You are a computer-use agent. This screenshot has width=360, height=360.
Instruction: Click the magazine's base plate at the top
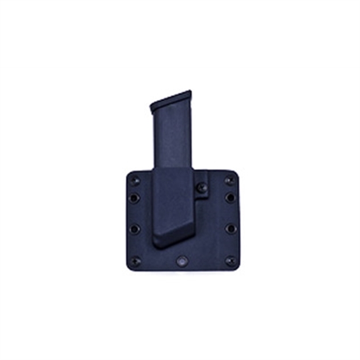pos(171,102)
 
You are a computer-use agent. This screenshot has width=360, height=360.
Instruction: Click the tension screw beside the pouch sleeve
pos(201,187)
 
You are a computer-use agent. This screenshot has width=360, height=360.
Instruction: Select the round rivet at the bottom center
pos(183,260)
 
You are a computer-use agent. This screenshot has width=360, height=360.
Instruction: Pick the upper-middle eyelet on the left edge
pos(134,199)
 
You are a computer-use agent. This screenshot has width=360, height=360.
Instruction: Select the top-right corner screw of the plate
pos(230,181)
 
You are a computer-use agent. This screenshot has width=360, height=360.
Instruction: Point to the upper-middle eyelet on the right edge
pos(231,198)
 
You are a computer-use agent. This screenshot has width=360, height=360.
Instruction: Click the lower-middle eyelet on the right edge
pos(231,229)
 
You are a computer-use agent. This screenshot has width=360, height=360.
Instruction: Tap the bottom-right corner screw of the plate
pos(230,261)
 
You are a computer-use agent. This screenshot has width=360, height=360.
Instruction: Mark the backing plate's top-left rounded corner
pos(128,173)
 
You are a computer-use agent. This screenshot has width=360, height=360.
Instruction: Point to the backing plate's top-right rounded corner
pos(238,172)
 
